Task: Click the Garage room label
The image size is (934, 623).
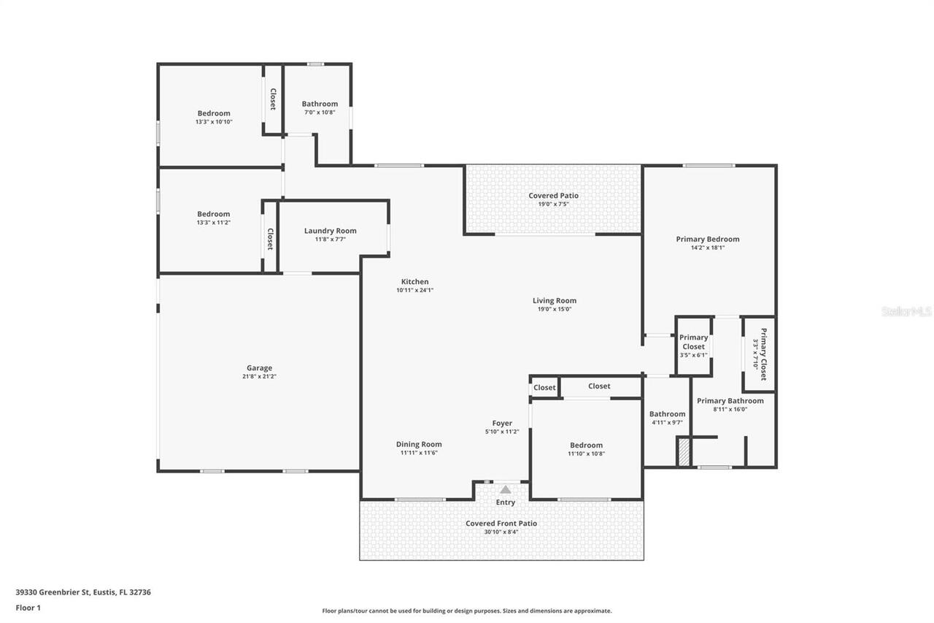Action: point(259,368)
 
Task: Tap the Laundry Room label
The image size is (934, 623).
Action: point(330,231)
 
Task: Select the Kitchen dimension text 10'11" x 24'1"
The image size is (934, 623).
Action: point(414,290)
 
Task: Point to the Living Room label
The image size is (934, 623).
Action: point(555,300)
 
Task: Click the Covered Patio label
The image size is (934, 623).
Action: point(553,196)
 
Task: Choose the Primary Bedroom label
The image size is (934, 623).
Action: point(707,239)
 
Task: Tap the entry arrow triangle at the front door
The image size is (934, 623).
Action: point(505,489)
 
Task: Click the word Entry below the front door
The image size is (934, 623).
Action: point(505,502)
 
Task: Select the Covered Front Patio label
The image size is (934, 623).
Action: point(501,523)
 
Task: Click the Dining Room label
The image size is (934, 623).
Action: point(419,444)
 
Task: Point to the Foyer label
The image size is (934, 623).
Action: point(502,423)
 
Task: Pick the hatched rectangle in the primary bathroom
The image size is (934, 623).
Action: point(684,451)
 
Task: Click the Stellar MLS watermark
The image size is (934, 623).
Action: point(906,311)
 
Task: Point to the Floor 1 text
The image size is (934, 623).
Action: point(28,607)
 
